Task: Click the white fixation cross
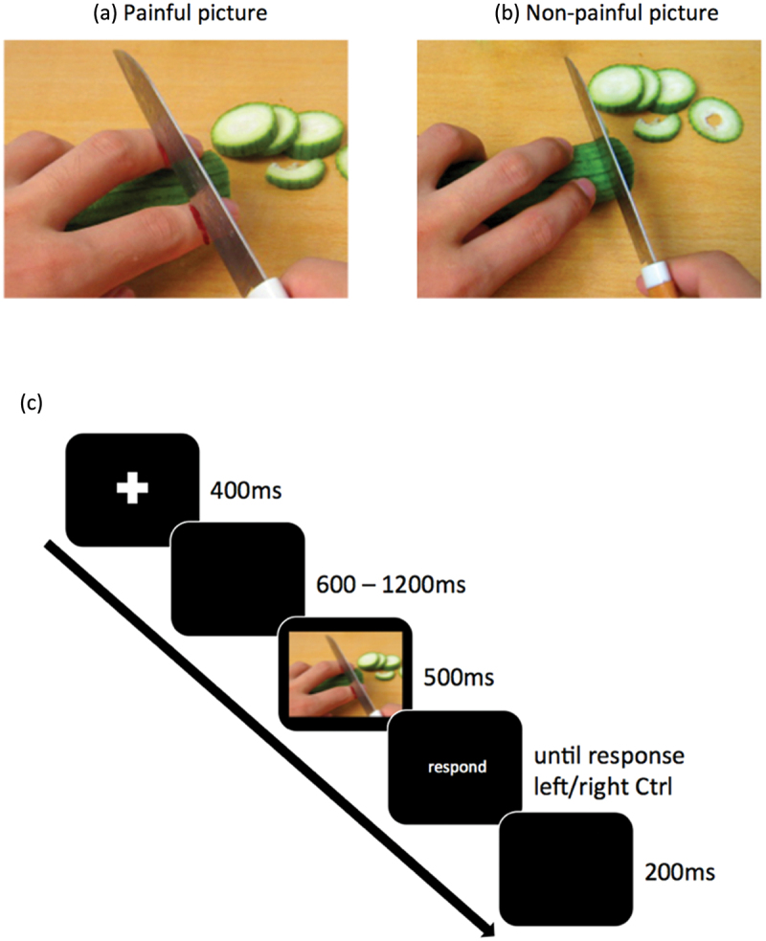(x=132, y=488)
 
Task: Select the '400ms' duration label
(x=244, y=494)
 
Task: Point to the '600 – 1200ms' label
(x=389, y=583)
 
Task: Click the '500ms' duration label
(x=458, y=679)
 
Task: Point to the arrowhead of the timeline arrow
(x=486, y=929)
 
